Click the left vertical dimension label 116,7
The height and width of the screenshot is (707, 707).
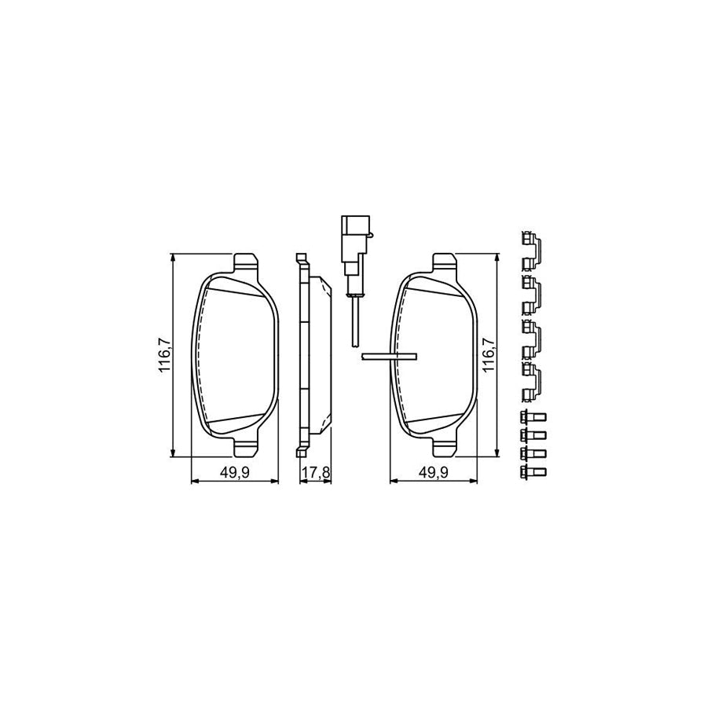click(164, 356)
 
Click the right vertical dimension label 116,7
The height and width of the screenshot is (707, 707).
click(488, 356)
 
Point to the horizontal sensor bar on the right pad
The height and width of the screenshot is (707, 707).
click(387, 356)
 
